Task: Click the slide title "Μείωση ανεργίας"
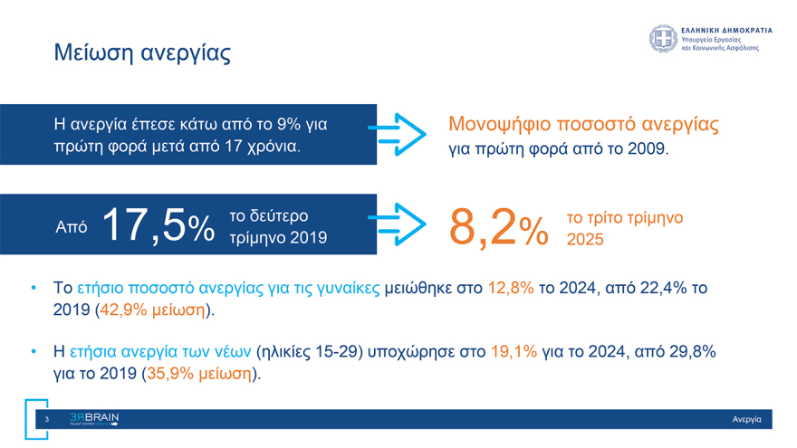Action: pos(141,52)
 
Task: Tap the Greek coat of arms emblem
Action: pos(662,39)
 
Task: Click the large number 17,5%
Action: pos(157,225)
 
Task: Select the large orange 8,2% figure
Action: pos(499,226)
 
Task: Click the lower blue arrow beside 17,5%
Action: pos(400,226)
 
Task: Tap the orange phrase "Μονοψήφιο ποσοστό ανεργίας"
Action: pos(584,123)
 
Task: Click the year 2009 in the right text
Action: pos(648,148)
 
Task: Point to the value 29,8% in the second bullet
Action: pos(692,350)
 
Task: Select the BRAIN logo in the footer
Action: pos(94,419)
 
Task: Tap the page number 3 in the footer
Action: pos(46,419)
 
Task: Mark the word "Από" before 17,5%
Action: pos(72,227)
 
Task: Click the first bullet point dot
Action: pos(34,289)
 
